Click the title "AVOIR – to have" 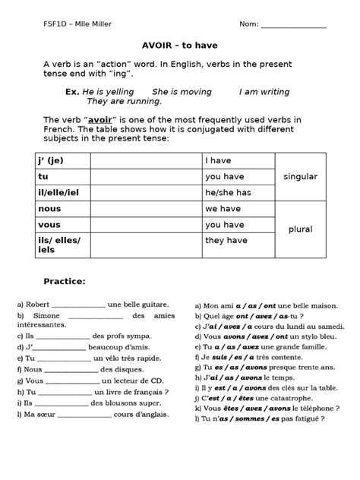click(183, 45)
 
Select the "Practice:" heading click(65, 281)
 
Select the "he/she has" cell click(228, 193)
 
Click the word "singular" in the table click(300, 176)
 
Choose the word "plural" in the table click(300, 229)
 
